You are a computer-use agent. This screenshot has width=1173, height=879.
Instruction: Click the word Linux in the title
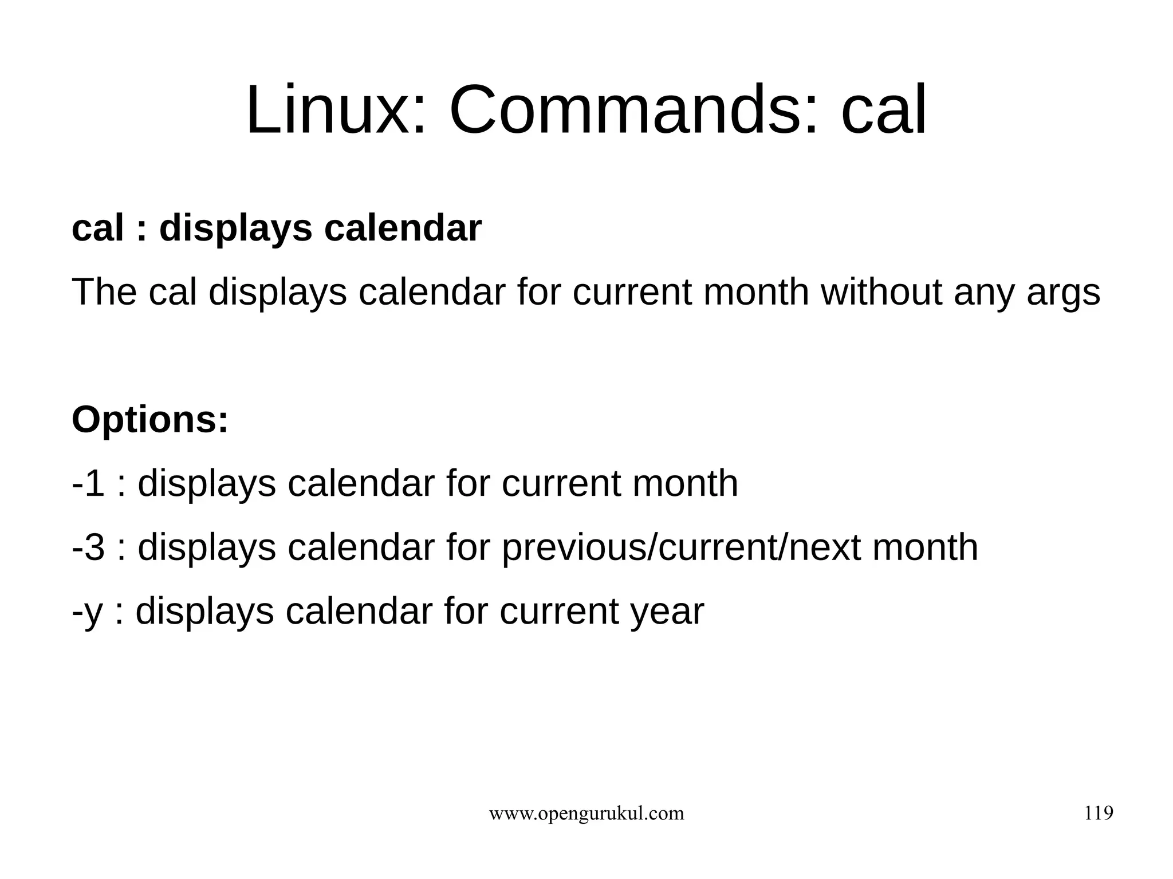tap(335, 110)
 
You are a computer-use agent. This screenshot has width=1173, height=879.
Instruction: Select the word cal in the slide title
tap(883, 110)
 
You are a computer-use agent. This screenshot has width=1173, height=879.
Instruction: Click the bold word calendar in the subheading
tap(403, 228)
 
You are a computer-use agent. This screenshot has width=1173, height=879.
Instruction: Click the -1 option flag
tap(88, 483)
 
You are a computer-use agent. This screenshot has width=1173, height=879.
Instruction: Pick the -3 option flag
tap(88, 547)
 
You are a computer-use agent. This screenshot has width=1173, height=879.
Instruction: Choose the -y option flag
tap(87, 612)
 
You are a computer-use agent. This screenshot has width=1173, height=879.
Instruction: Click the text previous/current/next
tap(681, 548)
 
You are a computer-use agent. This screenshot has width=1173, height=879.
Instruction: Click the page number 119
tap(1099, 813)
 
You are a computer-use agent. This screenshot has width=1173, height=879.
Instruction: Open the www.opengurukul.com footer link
tap(586, 814)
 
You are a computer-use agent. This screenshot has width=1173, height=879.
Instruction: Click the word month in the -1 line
tap(685, 483)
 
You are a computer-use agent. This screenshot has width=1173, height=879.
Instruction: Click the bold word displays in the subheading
tap(235, 228)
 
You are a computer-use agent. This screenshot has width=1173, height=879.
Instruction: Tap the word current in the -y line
tap(560, 612)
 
